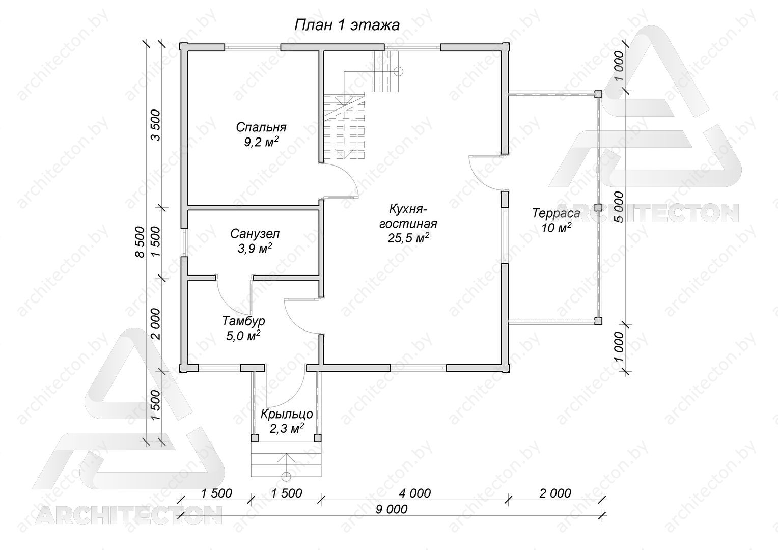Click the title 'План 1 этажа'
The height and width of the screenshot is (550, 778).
pos(347,25)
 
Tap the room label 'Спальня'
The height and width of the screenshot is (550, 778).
pos(261,127)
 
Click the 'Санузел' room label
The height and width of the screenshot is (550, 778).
pos(255,234)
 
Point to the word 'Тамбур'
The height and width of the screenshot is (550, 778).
pos(243,321)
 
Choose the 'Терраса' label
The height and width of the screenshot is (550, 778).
pos(557,213)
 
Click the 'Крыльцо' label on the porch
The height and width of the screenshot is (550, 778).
pos(287,414)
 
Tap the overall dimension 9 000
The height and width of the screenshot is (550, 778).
pos(392,509)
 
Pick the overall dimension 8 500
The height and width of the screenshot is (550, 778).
pos(140,242)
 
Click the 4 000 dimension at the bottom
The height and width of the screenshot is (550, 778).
pos(415,493)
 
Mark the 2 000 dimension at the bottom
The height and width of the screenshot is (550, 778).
pos(555,493)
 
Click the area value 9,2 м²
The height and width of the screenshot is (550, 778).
pos(261,142)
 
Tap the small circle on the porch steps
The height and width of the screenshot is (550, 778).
pos(286,476)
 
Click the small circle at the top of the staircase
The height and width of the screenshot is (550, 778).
pos(399,72)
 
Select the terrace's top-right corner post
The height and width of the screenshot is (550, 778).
pos(598,94)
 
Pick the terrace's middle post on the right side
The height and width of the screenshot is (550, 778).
pos(598,207)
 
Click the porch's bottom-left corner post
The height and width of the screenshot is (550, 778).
pos(255,438)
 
